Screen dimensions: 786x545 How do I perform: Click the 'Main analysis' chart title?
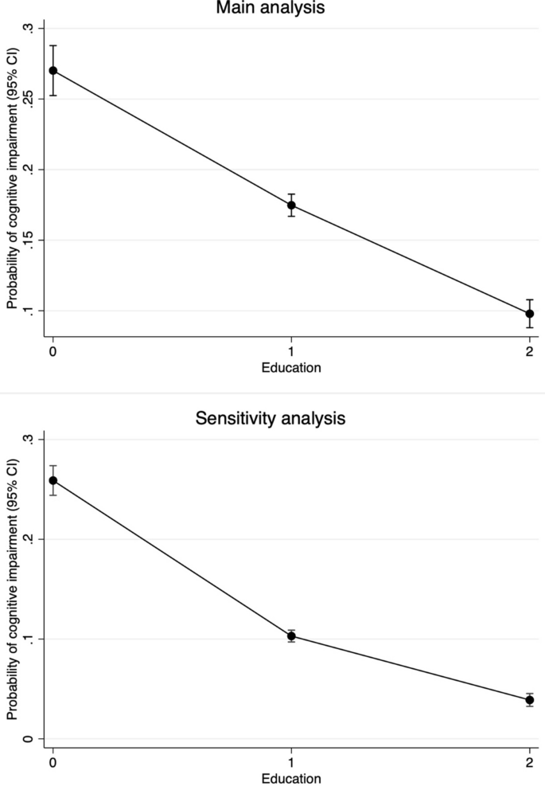coord(270,8)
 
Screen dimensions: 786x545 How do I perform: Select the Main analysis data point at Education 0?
coord(53,70)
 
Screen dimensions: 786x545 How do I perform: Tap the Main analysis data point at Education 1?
coord(292,205)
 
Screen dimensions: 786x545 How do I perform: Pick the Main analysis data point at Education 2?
coord(530,314)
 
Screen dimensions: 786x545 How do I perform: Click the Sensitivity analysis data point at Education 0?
coord(53,480)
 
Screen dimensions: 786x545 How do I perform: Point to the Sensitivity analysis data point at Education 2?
coord(530,700)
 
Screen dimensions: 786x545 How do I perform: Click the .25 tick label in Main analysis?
coord(29,100)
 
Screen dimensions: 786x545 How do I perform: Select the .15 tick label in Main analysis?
coord(29,240)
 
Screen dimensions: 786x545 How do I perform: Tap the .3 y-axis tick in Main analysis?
coord(29,29)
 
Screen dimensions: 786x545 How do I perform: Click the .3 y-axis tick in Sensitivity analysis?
coord(29,440)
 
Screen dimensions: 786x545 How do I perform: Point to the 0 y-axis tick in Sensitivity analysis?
coord(29,738)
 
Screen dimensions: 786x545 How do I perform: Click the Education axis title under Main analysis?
coord(292,367)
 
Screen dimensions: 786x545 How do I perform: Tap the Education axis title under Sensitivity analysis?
coord(292,777)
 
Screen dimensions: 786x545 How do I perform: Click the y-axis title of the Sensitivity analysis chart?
coord(11,589)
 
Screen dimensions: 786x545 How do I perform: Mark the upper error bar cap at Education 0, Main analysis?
coord(53,45)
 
